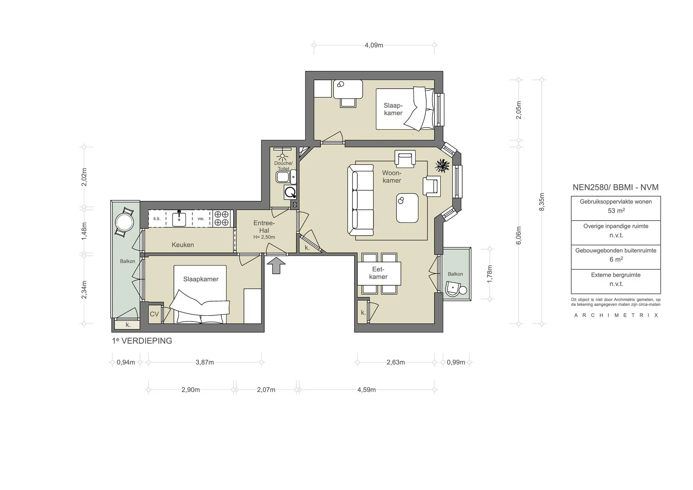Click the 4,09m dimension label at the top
[374, 45]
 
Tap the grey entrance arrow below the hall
[276, 265]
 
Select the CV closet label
[154, 314]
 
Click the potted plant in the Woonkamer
[443, 166]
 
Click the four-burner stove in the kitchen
[221, 218]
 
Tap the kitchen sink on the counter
[179, 219]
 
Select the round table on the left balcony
[124, 222]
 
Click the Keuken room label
[183, 245]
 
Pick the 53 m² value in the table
[616, 210]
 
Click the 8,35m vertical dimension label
[542, 202]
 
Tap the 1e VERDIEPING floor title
[142, 341]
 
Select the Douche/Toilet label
[283, 166]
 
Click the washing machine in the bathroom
[290, 192]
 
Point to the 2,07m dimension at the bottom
[266, 390]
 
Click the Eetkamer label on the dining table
[378, 273]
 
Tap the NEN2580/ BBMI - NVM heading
[616, 187]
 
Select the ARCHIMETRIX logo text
[616, 315]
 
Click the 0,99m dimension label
[456, 362]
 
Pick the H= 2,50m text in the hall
[264, 237]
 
